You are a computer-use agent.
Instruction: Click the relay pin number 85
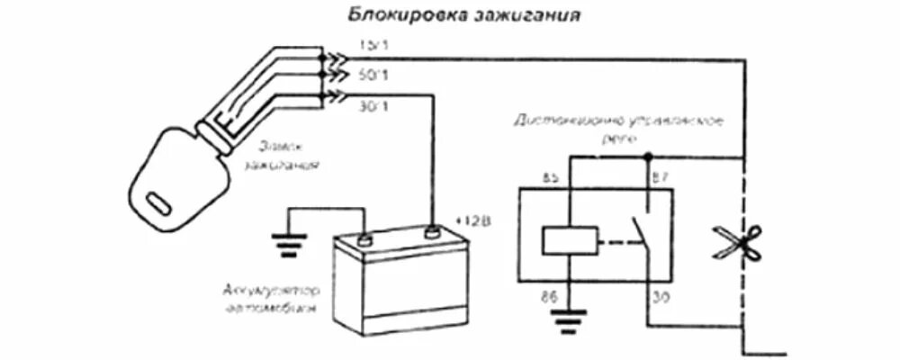pyautogui.click(x=550, y=178)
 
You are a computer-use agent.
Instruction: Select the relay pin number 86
pyautogui.click(x=548, y=295)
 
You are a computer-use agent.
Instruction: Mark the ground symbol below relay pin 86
pyautogui.click(x=565, y=319)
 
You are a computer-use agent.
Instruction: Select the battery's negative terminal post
pyautogui.click(x=364, y=238)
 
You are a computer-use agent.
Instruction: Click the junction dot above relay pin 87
pyautogui.click(x=647, y=157)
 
